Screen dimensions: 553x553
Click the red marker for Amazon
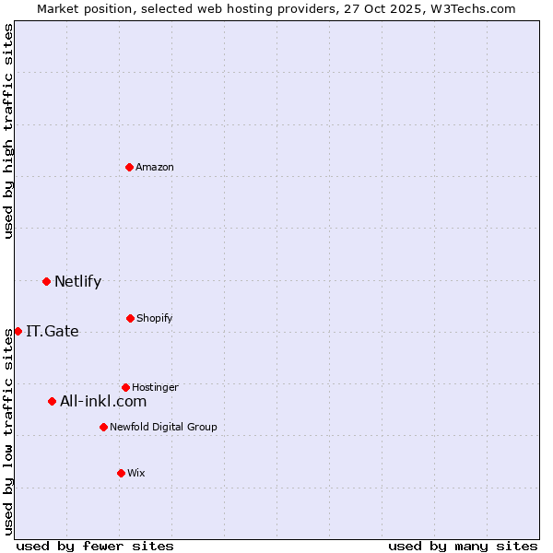[x=130, y=167]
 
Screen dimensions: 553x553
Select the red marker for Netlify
[x=46, y=281]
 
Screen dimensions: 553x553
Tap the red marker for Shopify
[x=130, y=318]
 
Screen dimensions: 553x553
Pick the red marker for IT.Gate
[x=18, y=331]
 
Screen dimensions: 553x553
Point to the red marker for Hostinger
[x=125, y=387]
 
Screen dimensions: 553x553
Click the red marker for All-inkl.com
[x=52, y=401]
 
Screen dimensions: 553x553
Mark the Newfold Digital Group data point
[x=103, y=427]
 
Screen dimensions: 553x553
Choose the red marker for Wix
[x=121, y=473]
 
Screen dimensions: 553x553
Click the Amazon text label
[x=155, y=167]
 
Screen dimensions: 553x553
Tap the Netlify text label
[x=77, y=281]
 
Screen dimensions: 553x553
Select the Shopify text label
[x=155, y=318]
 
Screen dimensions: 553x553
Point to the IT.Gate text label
[x=53, y=331]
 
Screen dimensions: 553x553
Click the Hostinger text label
[x=155, y=387]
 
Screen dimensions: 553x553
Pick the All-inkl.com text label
[x=103, y=401]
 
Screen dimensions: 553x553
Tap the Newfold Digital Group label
[x=163, y=427]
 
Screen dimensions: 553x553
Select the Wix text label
[x=136, y=473]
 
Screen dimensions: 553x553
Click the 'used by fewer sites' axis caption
[x=95, y=546]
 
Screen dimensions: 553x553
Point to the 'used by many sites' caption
[x=463, y=546]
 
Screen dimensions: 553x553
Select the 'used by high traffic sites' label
[x=8, y=131]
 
